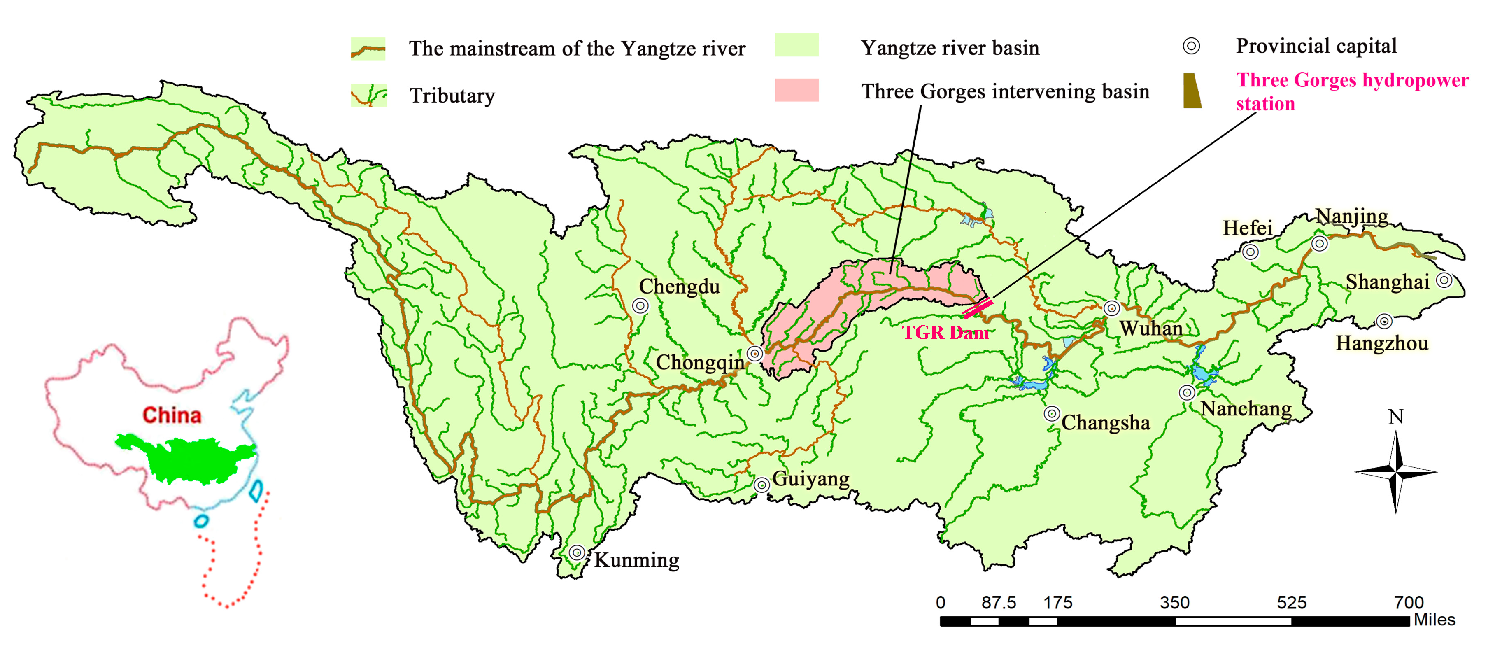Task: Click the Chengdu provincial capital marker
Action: pyautogui.click(x=640, y=305)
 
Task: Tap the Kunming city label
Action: pyautogui.click(x=637, y=560)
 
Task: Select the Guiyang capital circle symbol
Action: pyautogui.click(x=761, y=485)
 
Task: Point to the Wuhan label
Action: pyautogui.click(x=1151, y=328)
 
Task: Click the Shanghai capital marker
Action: pyautogui.click(x=1444, y=280)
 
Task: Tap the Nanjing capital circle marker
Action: pyautogui.click(x=1319, y=243)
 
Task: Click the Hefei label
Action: pyautogui.click(x=1247, y=228)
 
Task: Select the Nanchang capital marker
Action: pyautogui.click(x=1187, y=392)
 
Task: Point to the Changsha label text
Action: pyautogui.click(x=1105, y=422)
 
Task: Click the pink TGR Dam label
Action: pyautogui.click(x=945, y=333)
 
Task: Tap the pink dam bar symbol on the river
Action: pyautogui.click(x=978, y=308)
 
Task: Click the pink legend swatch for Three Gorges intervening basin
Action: pyautogui.click(x=796, y=90)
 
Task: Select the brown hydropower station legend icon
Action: pyautogui.click(x=1192, y=91)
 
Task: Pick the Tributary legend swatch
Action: pyautogui.click(x=368, y=95)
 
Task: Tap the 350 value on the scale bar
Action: pyautogui.click(x=1174, y=602)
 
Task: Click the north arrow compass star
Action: pyautogui.click(x=1395, y=471)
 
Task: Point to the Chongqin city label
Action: pyautogui.click(x=699, y=363)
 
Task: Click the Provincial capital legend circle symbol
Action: pyautogui.click(x=1191, y=46)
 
